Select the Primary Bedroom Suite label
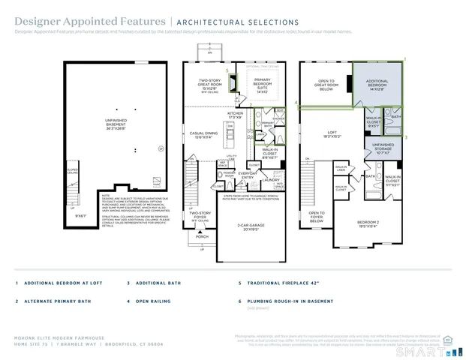[262, 85]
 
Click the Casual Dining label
[203, 134]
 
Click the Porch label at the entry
[202, 236]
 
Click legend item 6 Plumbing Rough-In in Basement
[284, 301]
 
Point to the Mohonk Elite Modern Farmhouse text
[51, 339]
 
